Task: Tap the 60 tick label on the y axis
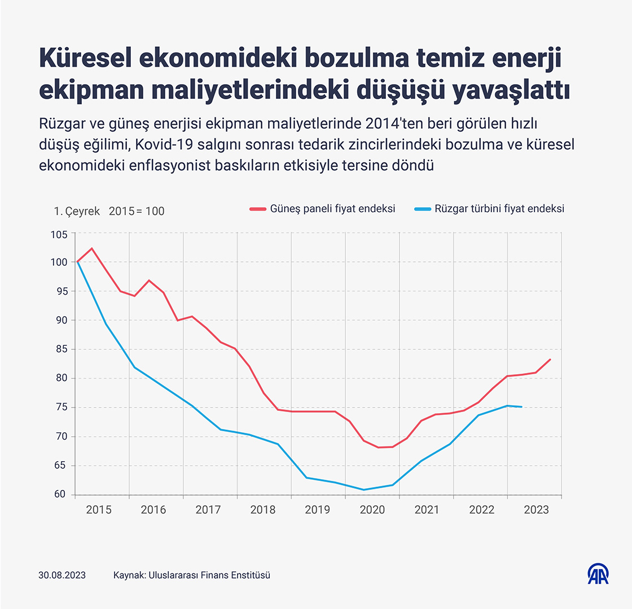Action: pos(60,495)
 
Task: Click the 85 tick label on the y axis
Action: pos(60,349)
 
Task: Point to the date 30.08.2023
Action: pos(62,576)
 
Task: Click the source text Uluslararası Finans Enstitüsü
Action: pos(209,576)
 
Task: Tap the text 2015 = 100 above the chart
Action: pos(137,211)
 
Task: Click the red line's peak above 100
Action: pos(92,248)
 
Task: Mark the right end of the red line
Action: pos(550,360)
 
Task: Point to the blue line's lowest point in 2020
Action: pos(364,489)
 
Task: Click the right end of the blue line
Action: pos(521,407)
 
